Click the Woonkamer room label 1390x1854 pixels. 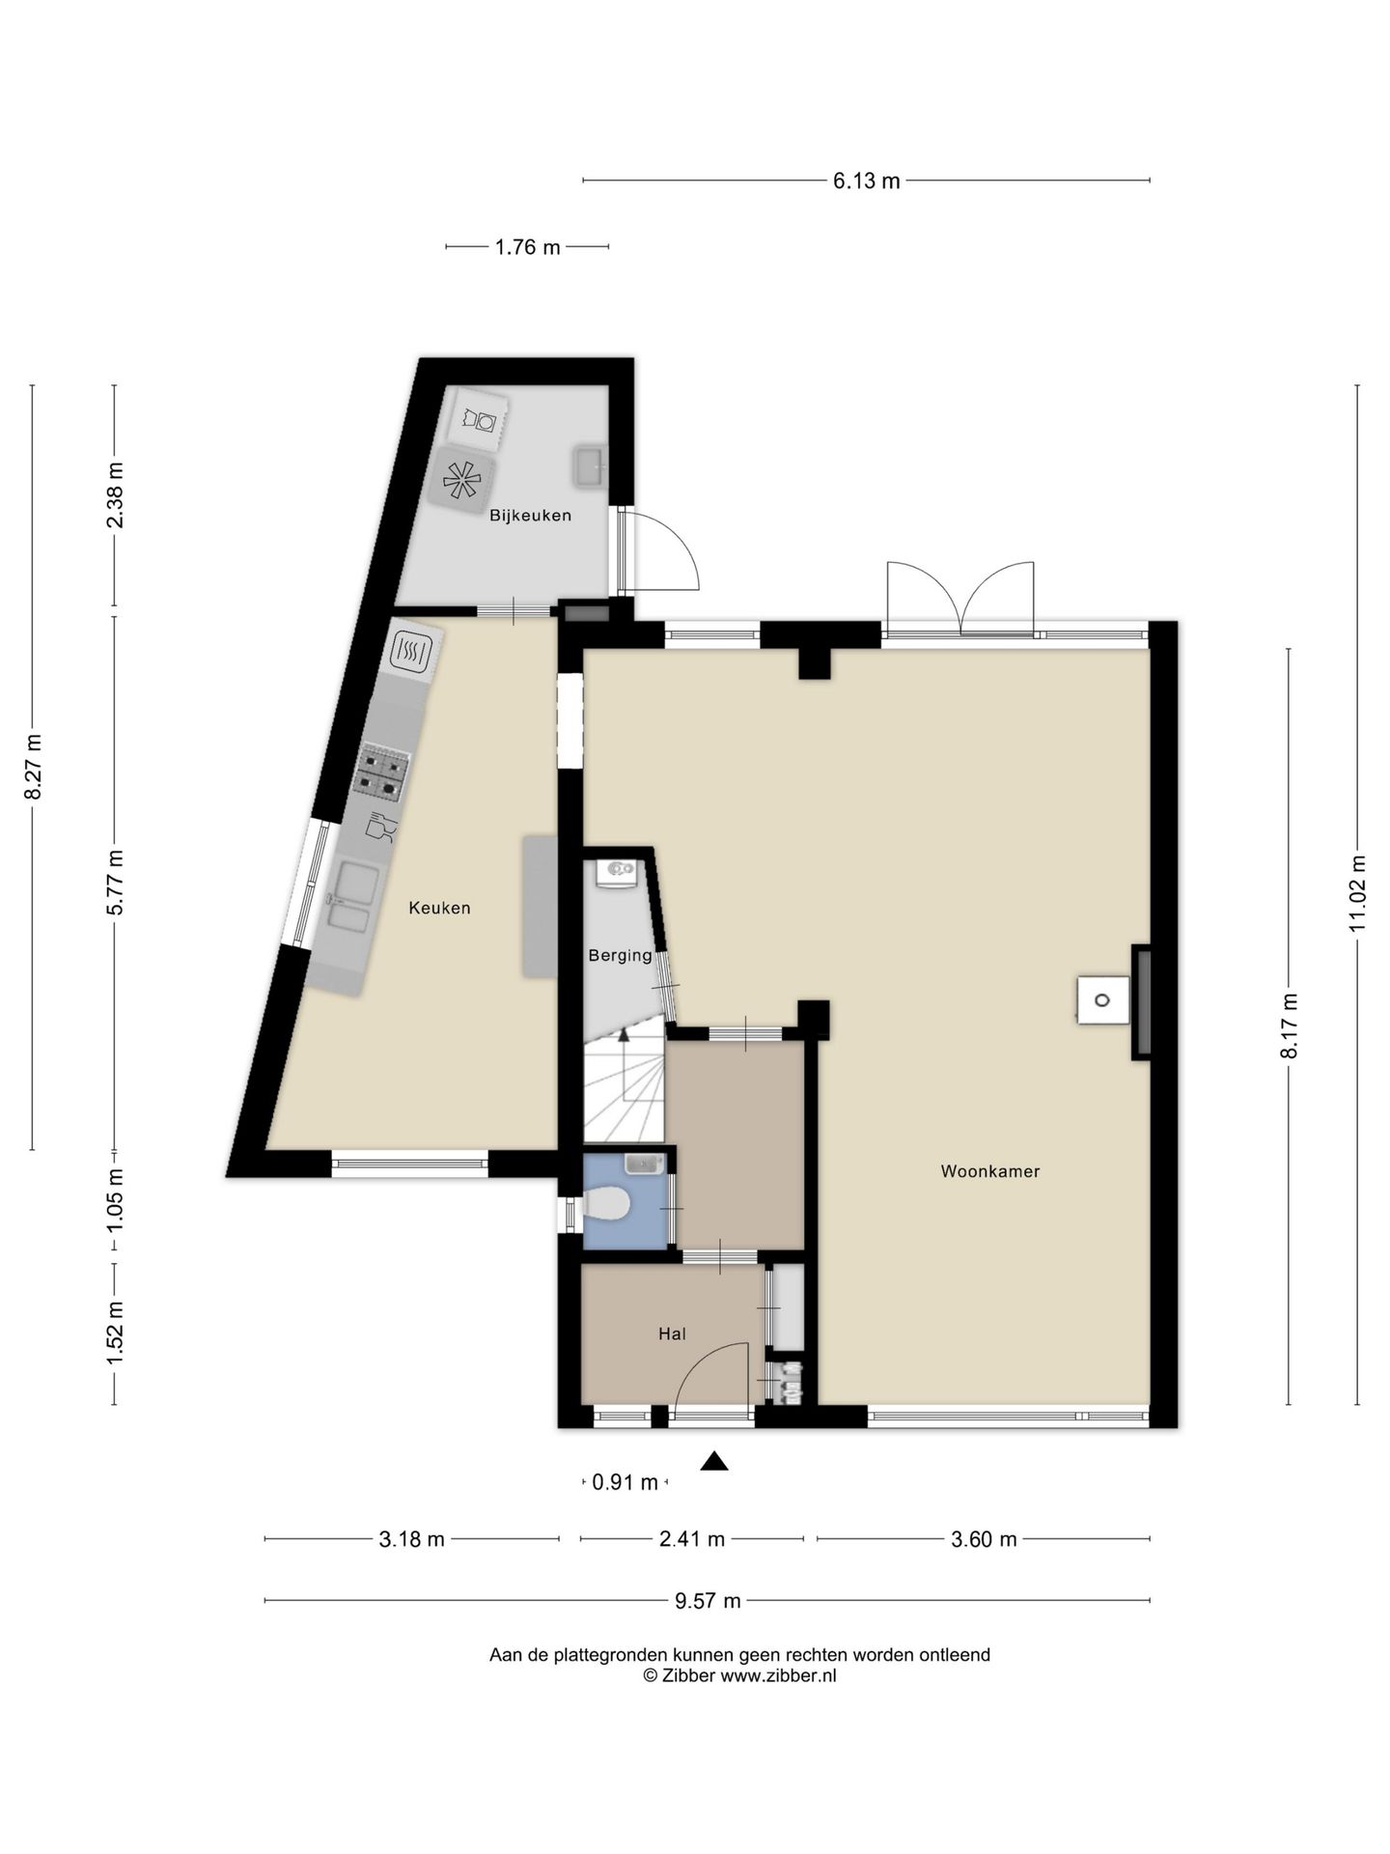[989, 1171]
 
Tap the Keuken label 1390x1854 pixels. [439, 908]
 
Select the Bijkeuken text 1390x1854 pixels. [530, 516]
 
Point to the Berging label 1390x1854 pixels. [621, 955]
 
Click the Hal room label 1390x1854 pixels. [672, 1334]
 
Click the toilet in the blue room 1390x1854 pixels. [606, 1206]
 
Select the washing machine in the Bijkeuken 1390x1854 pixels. [481, 420]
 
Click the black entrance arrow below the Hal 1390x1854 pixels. [714, 1461]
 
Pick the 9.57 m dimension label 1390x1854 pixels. [708, 1601]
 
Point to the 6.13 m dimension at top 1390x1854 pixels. [867, 181]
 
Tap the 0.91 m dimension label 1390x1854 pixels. [625, 1482]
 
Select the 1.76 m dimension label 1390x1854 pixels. [527, 247]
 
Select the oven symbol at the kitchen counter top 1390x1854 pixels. [413, 652]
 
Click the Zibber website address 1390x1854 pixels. [778, 1676]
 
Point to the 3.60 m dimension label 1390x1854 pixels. [984, 1539]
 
